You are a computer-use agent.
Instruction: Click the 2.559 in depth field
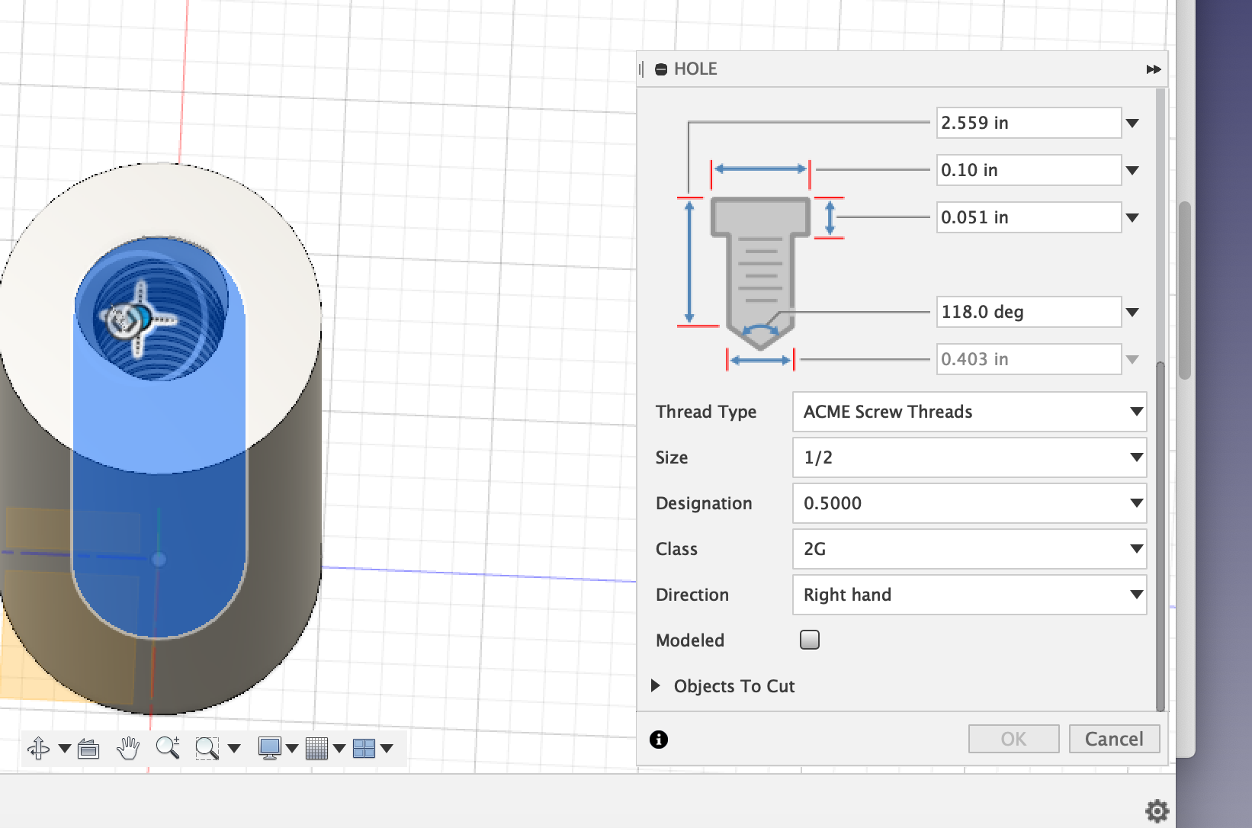[x=1028, y=123]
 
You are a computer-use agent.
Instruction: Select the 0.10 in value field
[x=1028, y=170]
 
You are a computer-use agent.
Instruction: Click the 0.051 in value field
[x=1028, y=217]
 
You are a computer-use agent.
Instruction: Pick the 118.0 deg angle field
[x=1028, y=312]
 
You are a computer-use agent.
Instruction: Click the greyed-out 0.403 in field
[x=1028, y=359]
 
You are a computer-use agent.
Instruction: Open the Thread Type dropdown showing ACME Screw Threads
[x=969, y=412]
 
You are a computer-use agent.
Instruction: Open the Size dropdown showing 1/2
[x=969, y=457]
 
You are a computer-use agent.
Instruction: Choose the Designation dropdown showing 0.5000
[x=969, y=503]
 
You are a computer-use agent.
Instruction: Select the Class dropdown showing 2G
[x=969, y=549]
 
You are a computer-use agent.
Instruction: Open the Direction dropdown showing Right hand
[x=969, y=595]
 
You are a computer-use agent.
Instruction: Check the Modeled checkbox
[x=810, y=640]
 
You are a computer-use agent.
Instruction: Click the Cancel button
[x=1114, y=739]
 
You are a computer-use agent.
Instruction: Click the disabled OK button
[x=1013, y=739]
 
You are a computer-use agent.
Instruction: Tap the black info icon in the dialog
[x=659, y=740]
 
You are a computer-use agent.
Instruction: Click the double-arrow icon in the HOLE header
[x=1153, y=69]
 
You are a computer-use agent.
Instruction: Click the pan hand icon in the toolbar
[x=128, y=749]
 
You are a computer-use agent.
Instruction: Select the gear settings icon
[x=1157, y=810]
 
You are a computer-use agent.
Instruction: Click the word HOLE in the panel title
[x=695, y=69]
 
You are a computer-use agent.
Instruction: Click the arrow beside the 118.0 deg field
[x=1132, y=312]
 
